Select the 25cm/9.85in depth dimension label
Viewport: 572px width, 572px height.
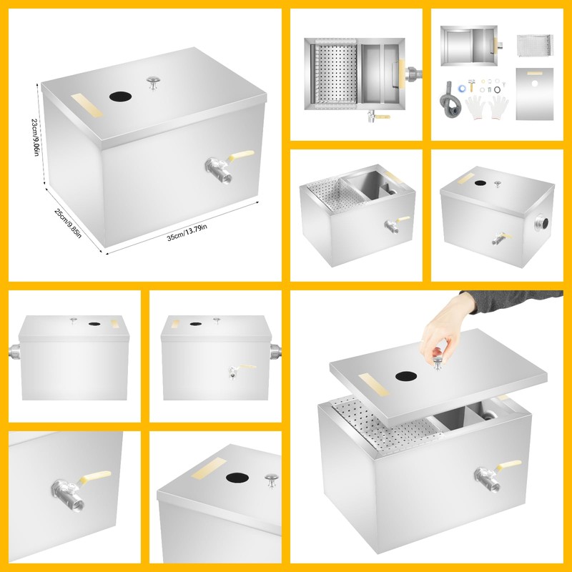(x=69, y=224)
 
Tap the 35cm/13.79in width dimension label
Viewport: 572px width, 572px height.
(x=187, y=232)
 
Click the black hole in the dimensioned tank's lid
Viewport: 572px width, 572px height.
(x=117, y=97)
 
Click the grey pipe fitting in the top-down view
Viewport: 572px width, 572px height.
(x=413, y=74)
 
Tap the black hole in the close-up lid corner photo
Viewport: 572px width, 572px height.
(x=237, y=478)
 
